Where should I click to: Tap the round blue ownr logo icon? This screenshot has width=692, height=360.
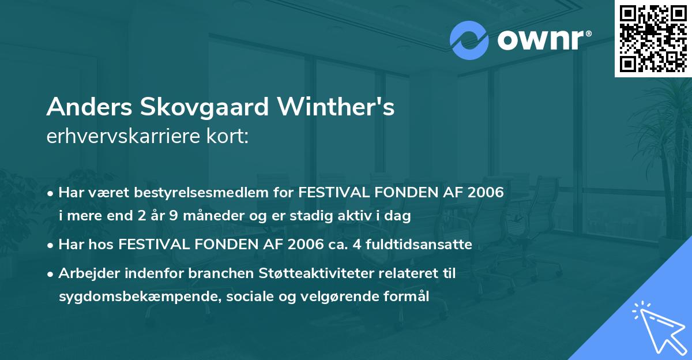[x=470, y=39]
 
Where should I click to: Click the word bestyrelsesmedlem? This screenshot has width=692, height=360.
[x=194, y=193]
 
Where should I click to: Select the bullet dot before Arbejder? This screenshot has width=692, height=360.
[x=51, y=273]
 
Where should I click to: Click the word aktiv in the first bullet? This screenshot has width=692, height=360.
[x=358, y=216]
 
